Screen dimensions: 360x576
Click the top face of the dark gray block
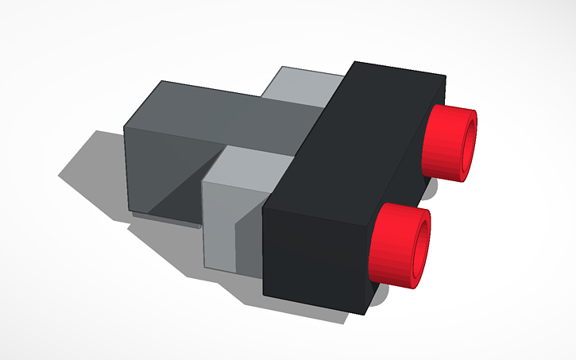pos(230,111)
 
